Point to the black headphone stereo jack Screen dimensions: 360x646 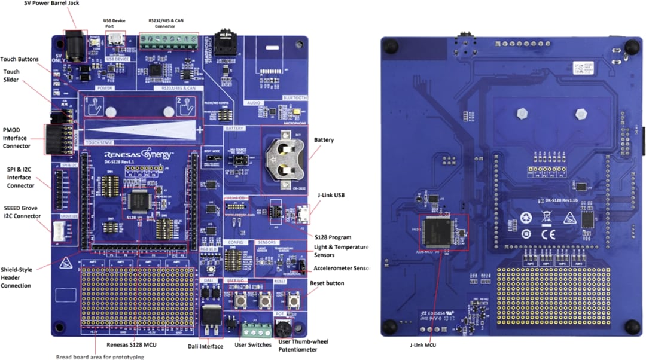[226, 43]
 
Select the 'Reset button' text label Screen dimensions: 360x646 [327, 283]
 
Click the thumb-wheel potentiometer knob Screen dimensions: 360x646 [282, 329]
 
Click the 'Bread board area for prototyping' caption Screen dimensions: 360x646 [100, 356]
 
